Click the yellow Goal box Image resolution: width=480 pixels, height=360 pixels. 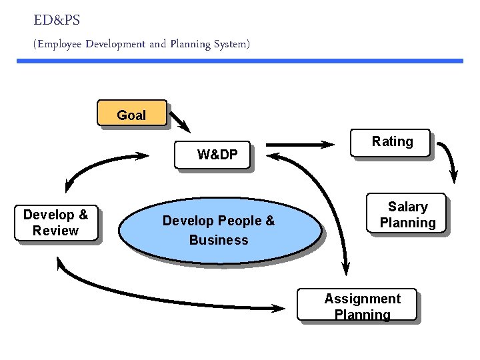[x=131, y=113]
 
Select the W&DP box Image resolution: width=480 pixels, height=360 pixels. [x=212, y=155]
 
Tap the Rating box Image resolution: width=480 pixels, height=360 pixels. [x=391, y=143]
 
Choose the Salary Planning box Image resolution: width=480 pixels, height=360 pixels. [x=407, y=215]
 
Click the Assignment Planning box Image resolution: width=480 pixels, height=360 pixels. [x=357, y=305]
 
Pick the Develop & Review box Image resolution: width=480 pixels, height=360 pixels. [x=56, y=223]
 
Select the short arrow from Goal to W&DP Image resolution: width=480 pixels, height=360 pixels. [x=179, y=121]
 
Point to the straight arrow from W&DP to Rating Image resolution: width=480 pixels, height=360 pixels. [x=300, y=144]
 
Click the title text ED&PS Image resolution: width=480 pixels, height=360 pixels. [x=56, y=21]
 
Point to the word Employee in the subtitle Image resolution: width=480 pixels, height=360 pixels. [x=65, y=45]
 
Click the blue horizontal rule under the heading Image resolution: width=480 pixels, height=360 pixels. [x=240, y=61]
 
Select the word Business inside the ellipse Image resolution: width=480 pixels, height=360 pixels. [x=219, y=240]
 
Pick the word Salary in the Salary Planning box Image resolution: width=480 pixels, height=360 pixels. [x=407, y=207]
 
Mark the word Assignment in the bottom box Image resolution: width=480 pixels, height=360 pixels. [x=362, y=299]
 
